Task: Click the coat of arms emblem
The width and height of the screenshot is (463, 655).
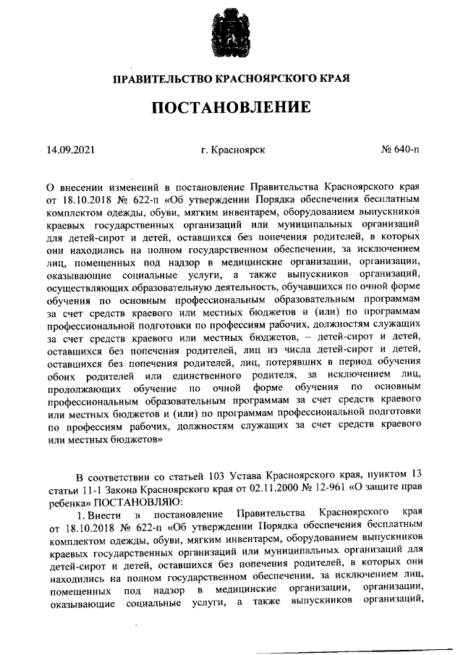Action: tap(231, 30)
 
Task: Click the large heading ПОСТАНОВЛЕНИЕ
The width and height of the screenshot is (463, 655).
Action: tap(231, 109)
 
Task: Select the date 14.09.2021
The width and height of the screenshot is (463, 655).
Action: tap(70, 150)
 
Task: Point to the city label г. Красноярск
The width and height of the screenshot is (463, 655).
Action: tap(233, 150)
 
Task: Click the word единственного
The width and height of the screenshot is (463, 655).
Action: tap(214, 374)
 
